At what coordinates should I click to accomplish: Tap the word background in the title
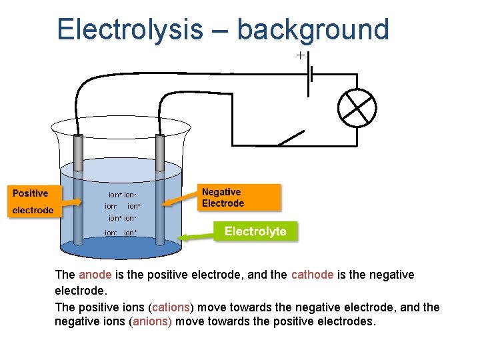pos(313,30)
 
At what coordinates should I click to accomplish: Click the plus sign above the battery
pos(301,55)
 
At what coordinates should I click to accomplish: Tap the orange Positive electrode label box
pos(33,201)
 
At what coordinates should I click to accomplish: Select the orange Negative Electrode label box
pos(240,198)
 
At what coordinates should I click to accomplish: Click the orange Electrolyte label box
pos(255,232)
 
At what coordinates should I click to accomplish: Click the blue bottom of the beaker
pos(121,248)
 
